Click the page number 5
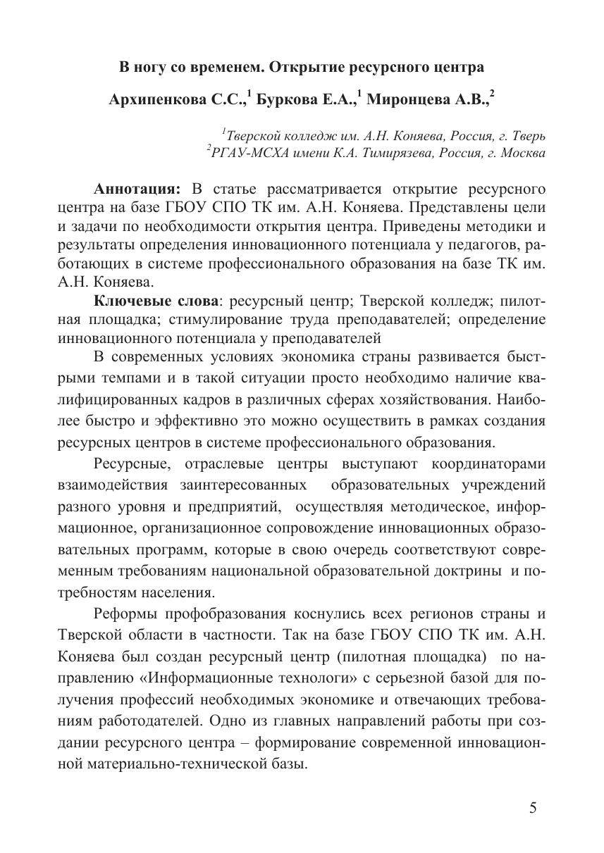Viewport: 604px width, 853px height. [x=533, y=807]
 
